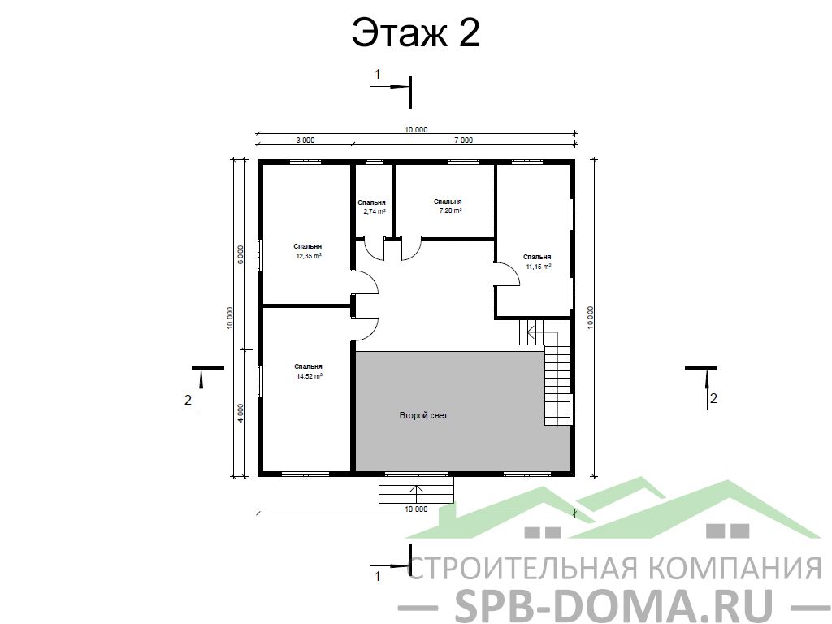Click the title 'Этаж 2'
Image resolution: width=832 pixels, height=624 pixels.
[x=415, y=32]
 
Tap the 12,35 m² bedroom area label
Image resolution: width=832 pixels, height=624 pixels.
[x=308, y=251]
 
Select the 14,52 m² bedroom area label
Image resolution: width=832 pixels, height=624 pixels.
[x=309, y=371]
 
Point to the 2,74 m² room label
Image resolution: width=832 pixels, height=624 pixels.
[x=372, y=206]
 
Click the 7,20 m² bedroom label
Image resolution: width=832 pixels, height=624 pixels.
[x=448, y=206]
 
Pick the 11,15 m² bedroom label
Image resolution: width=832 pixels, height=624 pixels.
[x=538, y=262]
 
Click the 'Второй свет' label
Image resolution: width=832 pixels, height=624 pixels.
[x=423, y=415]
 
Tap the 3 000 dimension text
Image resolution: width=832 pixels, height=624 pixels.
[x=305, y=140]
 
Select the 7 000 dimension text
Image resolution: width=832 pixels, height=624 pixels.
[x=463, y=140]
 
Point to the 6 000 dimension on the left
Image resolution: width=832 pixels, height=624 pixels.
[x=240, y=254]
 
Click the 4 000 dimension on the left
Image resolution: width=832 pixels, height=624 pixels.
[x=240, y=413]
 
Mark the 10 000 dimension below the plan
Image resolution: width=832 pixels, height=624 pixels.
[x=416, y=509]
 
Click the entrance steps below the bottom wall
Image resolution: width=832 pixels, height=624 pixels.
[x=417, y=489]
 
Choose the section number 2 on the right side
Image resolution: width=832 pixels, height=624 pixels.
[x=713, y=398]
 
